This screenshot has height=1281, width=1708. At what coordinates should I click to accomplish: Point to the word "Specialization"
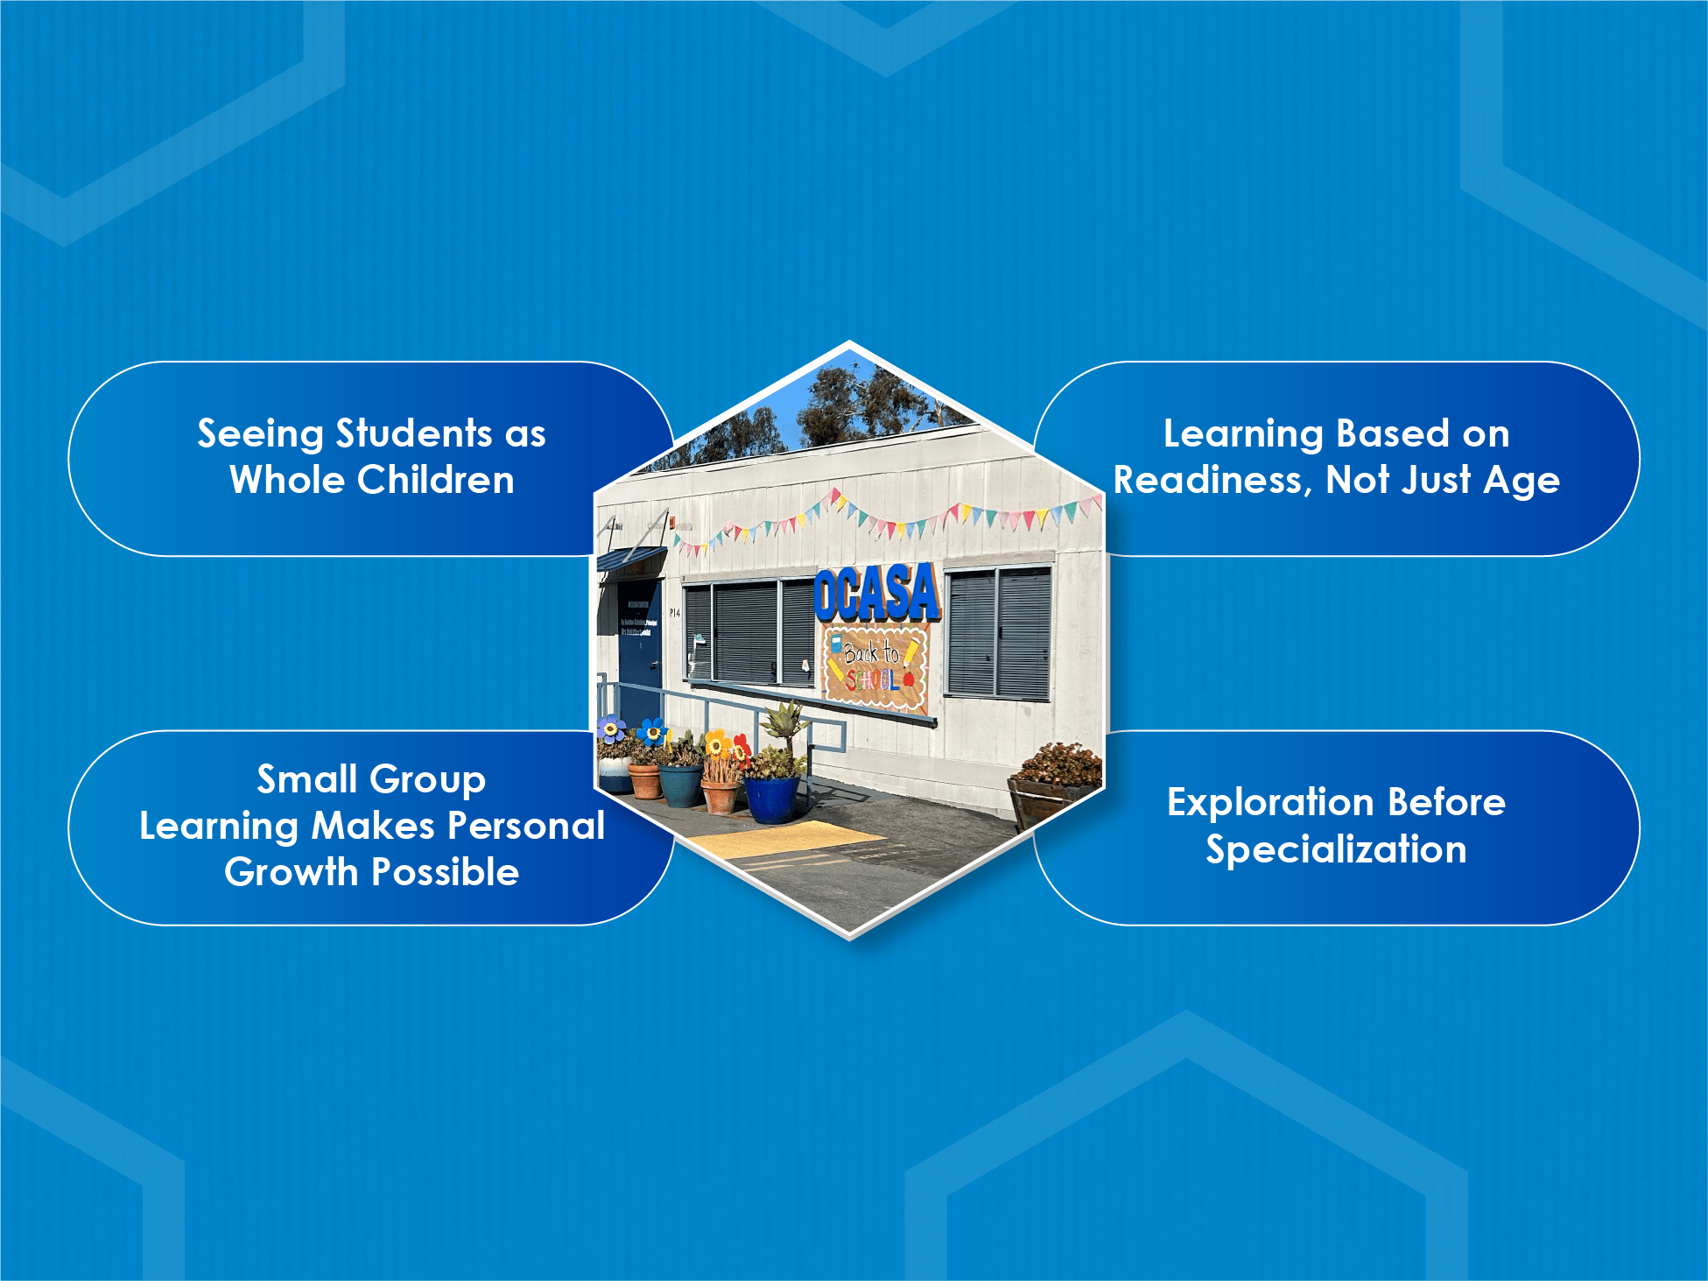point(1336,849)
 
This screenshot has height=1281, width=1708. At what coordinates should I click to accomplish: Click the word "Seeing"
point(260,433)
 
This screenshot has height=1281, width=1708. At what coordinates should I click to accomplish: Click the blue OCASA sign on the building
point(876,593)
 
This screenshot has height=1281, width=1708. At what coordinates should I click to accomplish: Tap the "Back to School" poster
point(874,667)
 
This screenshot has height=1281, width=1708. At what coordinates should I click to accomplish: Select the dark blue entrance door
point(640,652)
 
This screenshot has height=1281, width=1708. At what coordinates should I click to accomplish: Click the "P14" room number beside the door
point(674,613)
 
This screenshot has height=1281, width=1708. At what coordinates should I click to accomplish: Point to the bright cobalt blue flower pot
point(772,798)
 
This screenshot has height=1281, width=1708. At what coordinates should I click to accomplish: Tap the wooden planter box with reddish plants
point(1051,792)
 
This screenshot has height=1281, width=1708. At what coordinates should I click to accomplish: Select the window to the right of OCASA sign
point(999,631)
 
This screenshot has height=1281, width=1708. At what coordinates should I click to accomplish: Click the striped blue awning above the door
point(630,560)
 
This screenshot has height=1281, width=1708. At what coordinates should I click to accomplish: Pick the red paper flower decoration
point(742,748)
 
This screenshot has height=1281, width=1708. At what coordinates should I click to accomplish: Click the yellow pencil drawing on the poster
point(911,650)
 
